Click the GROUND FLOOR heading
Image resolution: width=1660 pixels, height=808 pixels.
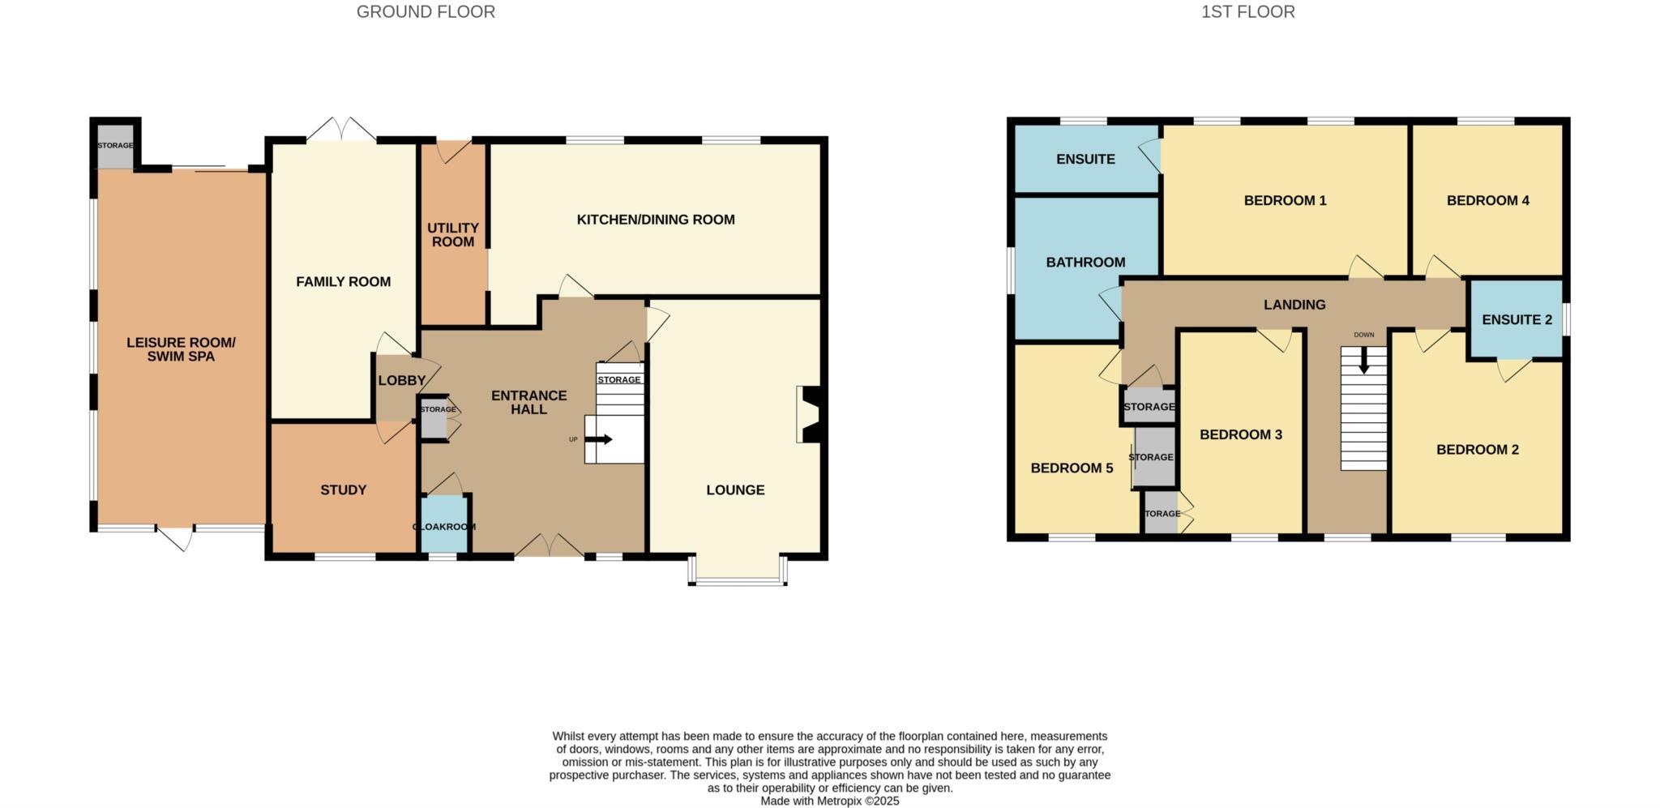pos(426,12)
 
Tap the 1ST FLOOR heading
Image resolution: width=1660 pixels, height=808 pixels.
pos(1247,12)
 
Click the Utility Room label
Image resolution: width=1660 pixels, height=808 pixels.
pos(453,235)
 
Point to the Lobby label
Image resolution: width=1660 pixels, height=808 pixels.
pos(401,381)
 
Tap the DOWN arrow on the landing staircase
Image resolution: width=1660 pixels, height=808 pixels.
pos(1364,360)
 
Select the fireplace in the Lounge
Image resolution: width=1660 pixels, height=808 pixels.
pos(811,415)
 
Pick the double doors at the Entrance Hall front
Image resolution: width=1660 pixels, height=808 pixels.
pos(550,547)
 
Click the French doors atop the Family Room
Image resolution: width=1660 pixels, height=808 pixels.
pos(341,130)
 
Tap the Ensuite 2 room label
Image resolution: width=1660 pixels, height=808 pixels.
pos(1517,320)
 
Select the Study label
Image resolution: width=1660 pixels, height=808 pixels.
pos(344,490)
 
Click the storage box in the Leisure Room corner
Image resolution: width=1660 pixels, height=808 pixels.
pos(115,146)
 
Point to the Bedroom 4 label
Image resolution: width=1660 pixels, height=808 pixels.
pos(1487,200)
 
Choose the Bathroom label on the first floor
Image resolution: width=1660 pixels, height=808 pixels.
pos(1085,263)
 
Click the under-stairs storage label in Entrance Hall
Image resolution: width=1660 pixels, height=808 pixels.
pos(619,379)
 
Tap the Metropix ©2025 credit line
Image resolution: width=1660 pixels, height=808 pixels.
pos(829,801)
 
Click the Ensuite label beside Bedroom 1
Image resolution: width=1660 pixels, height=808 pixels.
pos(1085,160)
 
